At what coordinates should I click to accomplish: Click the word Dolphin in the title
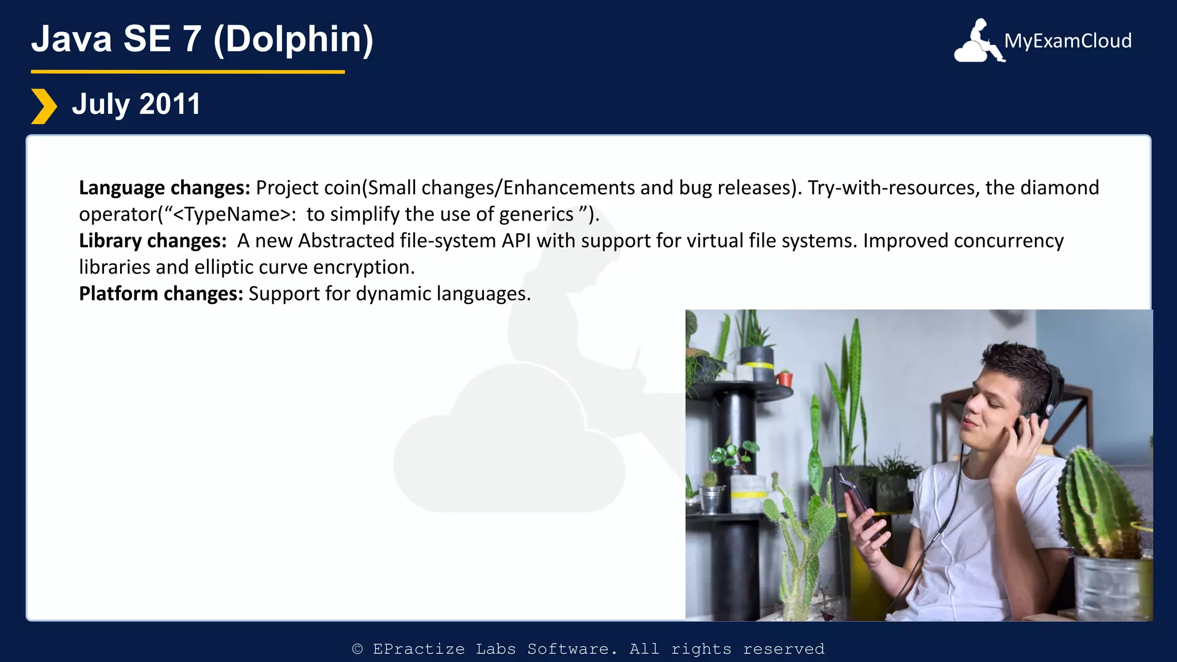[x=293, y=39]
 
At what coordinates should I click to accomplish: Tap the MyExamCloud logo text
[x=1068, y=41]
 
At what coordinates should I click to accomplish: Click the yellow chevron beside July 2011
[x=44, y=106]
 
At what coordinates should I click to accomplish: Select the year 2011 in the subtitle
[x=170, y=105]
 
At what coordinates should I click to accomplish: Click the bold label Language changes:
[x=164, y=188]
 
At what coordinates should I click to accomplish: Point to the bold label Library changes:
[x=153, y=241]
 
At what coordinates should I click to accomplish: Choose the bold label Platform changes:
[x=161, y=294]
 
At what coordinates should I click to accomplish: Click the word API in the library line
[x=516, y=241]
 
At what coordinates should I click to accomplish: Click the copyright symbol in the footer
[x=357, y=649]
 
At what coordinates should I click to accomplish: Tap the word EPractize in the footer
[x=418, y=649]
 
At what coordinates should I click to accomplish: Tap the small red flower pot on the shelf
[x=784, y=379]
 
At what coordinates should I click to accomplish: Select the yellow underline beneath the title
[x=187, y=72]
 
